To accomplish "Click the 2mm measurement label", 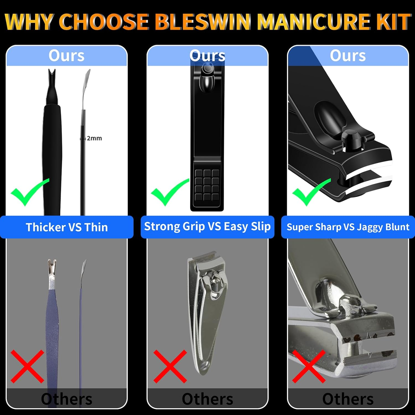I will [94, 138].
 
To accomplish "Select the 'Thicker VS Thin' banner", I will [67, 227].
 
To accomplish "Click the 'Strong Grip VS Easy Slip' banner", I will [207, 227].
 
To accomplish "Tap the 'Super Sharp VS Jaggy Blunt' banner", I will [348, 227].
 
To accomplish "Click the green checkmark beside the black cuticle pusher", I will [29, 192].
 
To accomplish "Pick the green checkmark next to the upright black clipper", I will [169, 192].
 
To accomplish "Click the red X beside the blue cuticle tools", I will [27, 366].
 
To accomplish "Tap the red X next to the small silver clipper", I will [170, 366].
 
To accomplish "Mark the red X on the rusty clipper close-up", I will [309, 366].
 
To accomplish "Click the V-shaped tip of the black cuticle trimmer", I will [52, 76].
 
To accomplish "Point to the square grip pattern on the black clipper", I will [207, 185].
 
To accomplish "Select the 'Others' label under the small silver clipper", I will [207, 399].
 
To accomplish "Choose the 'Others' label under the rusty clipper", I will [348, 399].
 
